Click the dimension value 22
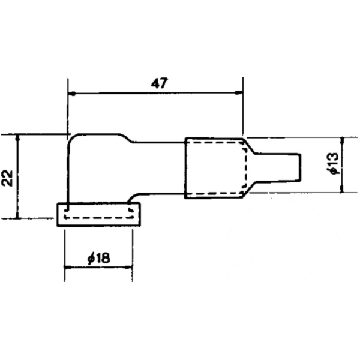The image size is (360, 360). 7,177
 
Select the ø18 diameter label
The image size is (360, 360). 98,258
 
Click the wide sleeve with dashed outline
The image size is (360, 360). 215,167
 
